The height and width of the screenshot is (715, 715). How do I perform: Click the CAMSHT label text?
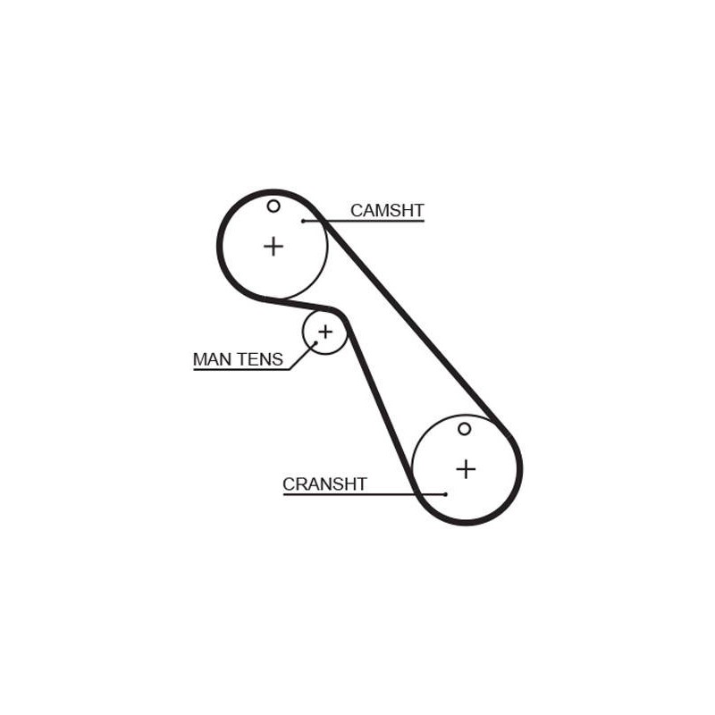(x=387, y=211)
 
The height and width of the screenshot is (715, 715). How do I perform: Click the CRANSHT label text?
(x=324, y=484)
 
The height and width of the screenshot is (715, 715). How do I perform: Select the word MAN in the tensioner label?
(x=212, y=359)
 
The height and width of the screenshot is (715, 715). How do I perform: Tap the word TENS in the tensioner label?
(x=259, y=359)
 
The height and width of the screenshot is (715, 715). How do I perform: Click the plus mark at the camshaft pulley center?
(x=273, y=247)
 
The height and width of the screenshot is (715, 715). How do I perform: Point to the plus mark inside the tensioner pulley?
(x=325, y=332)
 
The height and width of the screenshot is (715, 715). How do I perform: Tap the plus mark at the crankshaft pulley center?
(x=466, y=469)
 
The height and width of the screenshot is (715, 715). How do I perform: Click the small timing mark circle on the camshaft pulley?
(x=273, y=206)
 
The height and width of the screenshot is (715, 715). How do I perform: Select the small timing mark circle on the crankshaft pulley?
(x=464, y=429)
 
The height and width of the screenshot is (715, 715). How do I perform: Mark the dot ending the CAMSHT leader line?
(x=303, y=221)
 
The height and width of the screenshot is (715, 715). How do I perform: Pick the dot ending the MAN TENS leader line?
(x=315, y=343)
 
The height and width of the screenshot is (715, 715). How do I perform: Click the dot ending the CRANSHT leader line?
(x=445, y=494)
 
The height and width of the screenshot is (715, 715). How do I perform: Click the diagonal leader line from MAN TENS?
(x=302, y=356)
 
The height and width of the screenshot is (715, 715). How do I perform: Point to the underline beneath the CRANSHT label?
(x=364, y=494)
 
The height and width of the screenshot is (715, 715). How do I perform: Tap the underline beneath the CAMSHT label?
(x=364, y=221)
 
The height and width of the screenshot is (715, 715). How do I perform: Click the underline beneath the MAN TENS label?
(x=241, y=369)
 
